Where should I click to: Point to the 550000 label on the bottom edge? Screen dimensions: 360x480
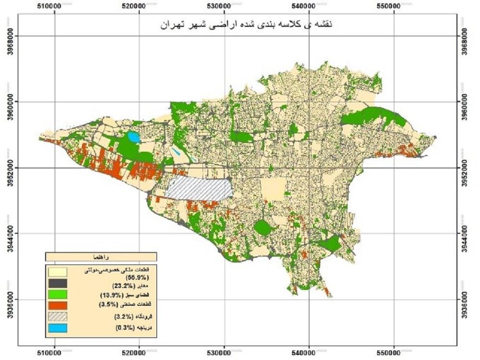[395, 353]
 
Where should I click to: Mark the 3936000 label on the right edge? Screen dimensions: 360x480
[468, 299]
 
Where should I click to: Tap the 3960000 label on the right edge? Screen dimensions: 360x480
[468, 102]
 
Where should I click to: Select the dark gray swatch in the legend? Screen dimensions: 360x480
[57, 283]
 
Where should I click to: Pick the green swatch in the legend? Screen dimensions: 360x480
[57, 294]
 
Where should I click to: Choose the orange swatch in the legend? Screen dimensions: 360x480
[57, 305]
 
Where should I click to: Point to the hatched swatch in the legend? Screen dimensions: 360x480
[57, 316]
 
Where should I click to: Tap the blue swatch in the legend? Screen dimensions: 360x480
[57, 328]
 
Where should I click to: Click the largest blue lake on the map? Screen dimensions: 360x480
[132, 138]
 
